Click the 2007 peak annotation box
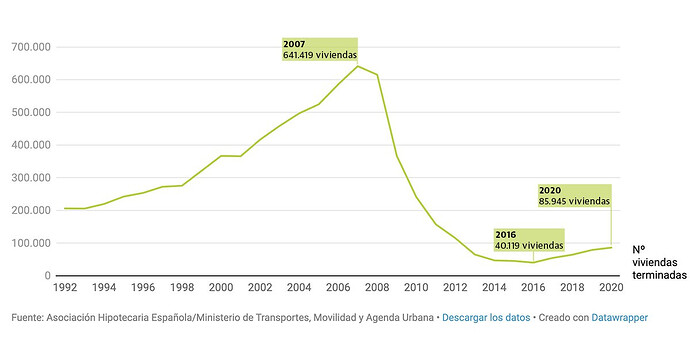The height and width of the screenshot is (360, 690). [x=319, y=49]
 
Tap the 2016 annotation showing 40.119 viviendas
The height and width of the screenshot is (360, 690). [x=529, y=240]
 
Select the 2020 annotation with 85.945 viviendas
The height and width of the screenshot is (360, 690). [x=574, y=196]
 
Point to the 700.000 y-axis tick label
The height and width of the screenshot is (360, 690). [x=31, y=47]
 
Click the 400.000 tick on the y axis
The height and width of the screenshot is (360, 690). [x=31, y=145]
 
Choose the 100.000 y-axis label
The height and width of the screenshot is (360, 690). [x=31, y=243]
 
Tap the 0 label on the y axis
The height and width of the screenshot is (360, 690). [x=48, y=276]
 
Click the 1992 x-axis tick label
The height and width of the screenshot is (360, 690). [x=65, y=288]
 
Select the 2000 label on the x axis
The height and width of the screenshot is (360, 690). [x=221, y=288]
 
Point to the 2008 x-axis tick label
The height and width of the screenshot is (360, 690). [x=377, y=288]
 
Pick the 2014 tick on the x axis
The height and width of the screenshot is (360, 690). [x=494, y=288]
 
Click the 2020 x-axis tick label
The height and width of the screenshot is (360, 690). [x=611, y=288]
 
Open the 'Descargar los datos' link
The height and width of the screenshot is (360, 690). [x=486, y=318]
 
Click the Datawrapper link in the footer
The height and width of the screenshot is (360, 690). [x=620, y=318]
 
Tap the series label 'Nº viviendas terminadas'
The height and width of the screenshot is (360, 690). [x=659, y=262]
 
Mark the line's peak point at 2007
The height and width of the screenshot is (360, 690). [x=358, y=66]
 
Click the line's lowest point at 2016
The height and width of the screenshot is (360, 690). [x=533, y=263]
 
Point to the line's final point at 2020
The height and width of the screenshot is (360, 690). [x=611, y=247]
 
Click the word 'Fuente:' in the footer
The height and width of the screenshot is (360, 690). [x=27, y=318]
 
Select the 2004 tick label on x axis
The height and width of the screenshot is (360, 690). [x=299, y=288]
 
